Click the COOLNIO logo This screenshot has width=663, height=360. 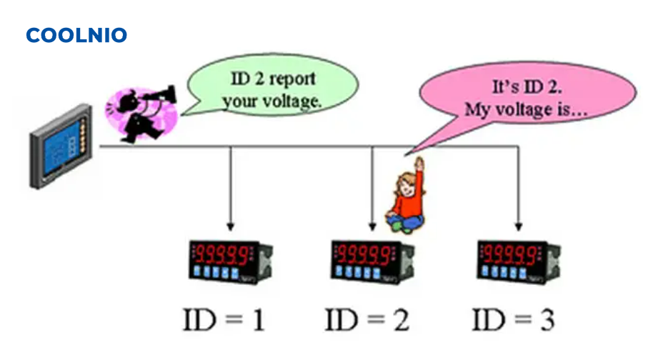point(76,35)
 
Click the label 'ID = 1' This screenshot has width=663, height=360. point(225,319)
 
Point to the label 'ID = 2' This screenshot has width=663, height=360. point(368,319)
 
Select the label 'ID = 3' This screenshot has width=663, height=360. point(514,319)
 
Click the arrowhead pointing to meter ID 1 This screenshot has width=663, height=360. point(230,224)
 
